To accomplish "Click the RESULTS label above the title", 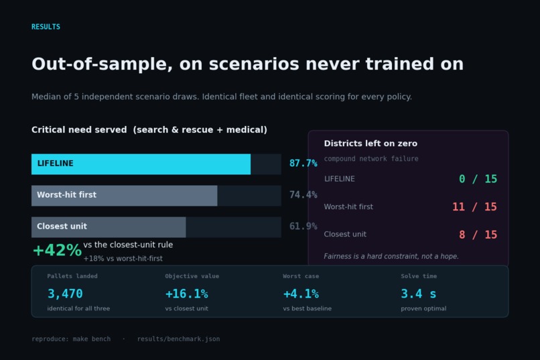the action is (x=46, y=27).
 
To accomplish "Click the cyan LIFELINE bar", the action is (x=141, y=164).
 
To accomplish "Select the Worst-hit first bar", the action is (x=125, y=196).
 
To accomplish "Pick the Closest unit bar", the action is (x=109, y=227).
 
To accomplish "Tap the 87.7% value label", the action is (x=303, y=164).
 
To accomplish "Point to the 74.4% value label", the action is (x=303, y=195).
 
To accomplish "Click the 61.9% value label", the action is (x=303, y=227).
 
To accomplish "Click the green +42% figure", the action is (x=57, y=250).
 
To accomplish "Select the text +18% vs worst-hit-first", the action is (x=123, y=258).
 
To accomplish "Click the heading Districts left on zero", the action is (x=370, y=143).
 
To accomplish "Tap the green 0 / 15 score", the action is (x=478, y=179).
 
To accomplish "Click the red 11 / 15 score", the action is (x=474, y=206).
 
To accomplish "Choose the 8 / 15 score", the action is (x=478, y=235).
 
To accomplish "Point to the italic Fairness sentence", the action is (x=391, y=256).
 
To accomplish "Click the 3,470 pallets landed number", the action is (x=65, y=294).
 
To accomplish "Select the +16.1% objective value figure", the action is (x=187, y=294).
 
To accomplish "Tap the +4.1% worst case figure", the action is (x=301, y=294).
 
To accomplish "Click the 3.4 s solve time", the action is (x=419, y=294).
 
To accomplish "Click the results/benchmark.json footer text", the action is (x=178, y=339).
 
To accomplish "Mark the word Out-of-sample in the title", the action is (x=102, y=64).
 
